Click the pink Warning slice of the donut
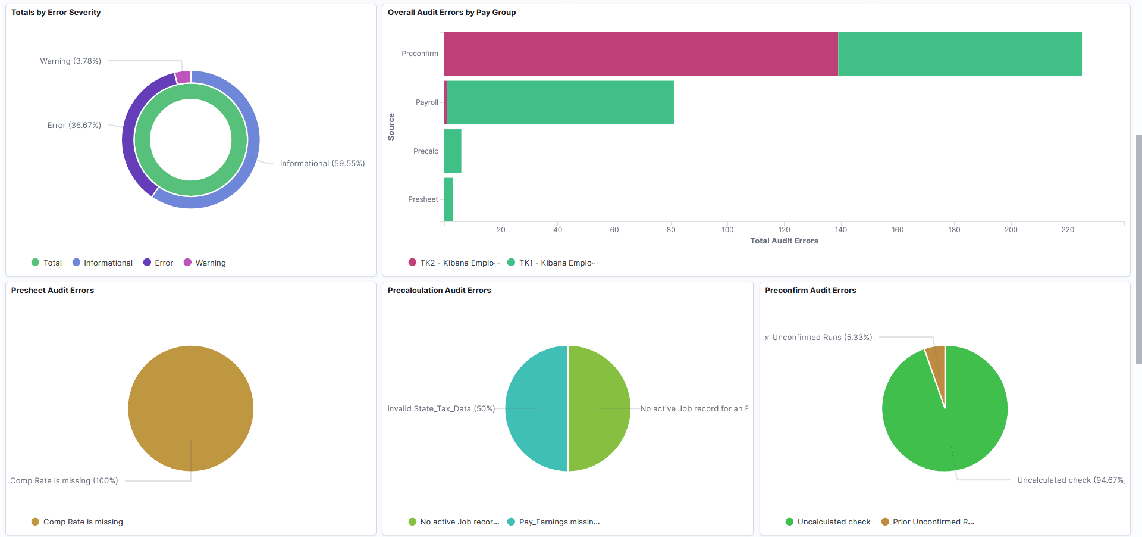[183, 77]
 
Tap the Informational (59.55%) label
[322, 163]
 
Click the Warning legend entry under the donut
[210, 263]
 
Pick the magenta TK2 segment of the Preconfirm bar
[641, 54]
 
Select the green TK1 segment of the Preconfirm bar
[959, 54]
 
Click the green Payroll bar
[560, 102]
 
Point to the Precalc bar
[453, 151]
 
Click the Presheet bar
[448, 199]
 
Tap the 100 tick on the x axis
[727, 230]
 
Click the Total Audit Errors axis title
[784, 241]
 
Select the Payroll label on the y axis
[426, 102]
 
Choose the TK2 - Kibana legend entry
[459, 263]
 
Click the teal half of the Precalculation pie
[535, 408]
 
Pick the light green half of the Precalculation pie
[600, 408]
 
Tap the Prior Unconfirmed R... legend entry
[933, 522]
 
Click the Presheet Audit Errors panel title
[52, 290]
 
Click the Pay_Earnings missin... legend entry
[559, 522]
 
